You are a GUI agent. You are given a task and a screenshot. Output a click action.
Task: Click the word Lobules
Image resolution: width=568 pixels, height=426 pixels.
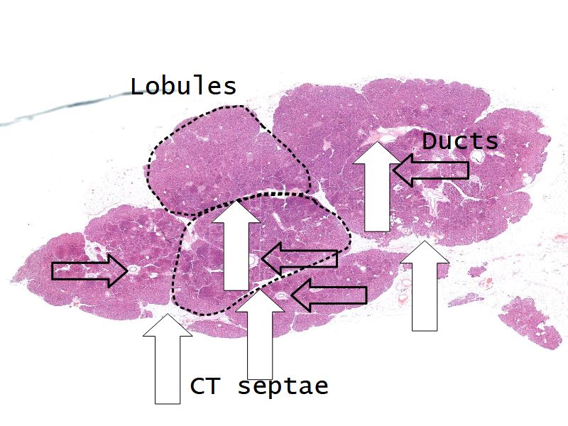182,87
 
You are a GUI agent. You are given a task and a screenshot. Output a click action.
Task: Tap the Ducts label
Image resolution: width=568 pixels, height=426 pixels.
460,141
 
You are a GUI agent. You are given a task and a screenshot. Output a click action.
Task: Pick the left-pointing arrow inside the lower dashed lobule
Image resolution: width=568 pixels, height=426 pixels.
299,258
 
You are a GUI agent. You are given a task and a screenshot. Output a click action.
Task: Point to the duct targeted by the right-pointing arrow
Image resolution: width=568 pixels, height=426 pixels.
132,271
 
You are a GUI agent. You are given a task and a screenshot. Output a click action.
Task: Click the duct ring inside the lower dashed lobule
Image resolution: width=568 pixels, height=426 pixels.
253,259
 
